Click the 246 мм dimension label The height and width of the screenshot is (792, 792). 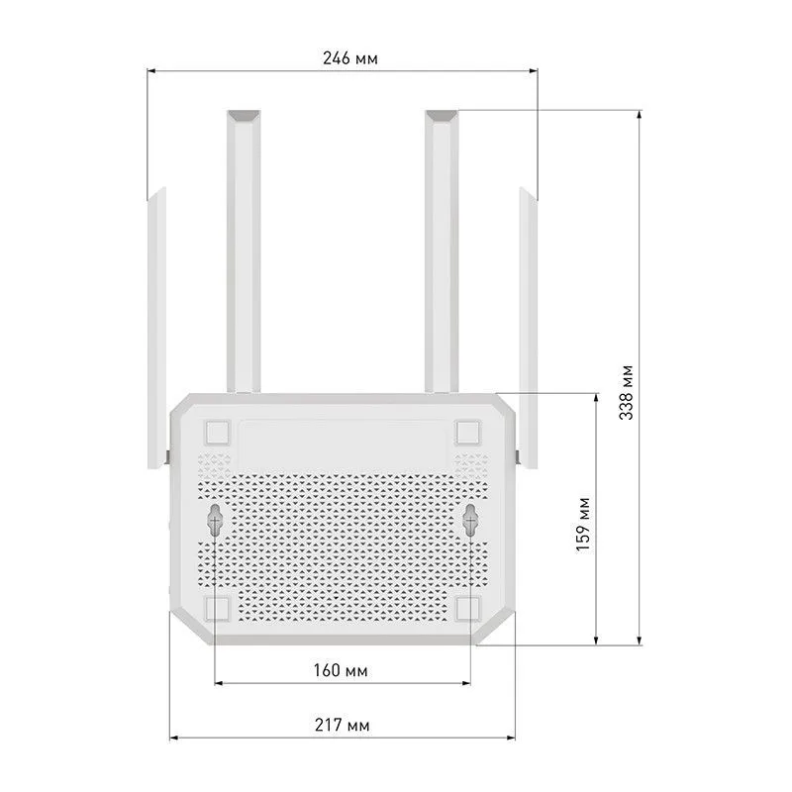point(350,58)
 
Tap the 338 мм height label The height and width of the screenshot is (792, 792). point(626,392)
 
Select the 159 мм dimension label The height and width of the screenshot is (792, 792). point(583,525)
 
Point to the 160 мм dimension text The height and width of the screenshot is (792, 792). point(341,670)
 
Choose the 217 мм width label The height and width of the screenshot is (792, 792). point(342,725)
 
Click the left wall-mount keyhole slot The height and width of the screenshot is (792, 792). point(215,521)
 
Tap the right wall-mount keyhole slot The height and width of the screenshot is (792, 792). point(470,521)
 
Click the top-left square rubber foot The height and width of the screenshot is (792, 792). point(217,433)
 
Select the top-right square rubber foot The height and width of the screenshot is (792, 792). point(467,433)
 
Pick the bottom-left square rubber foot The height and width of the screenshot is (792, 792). point(217,608)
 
